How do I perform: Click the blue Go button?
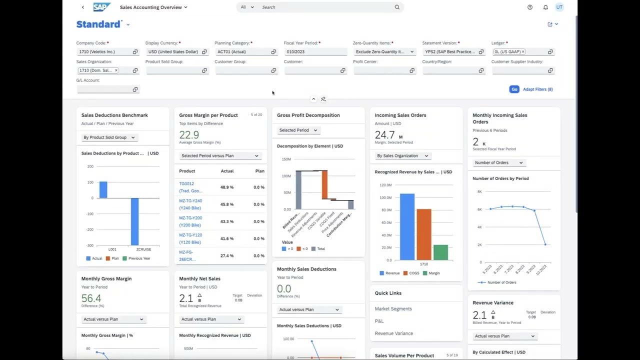pyautogui.click(x=514, y=89)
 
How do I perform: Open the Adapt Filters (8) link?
pyautogui.click(x=537, y=89)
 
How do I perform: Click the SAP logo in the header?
pyautogui.click(x=101, y=7)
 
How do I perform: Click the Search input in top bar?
pyautogui.click(x=325, y=7)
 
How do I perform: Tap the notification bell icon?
pyautogui.click(x=545, y=7)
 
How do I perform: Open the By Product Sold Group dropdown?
pyautogui.click(x=108, y=137)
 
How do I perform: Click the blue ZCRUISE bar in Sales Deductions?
pyautogui.click(x=134, y=221)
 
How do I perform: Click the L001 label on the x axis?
pyautogui.click(x=112, y=249)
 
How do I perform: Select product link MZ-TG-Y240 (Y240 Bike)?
pyautogui.click(x=190, y=204)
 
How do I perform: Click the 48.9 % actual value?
pyautogui.click(x=226, y=187)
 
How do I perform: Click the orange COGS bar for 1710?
pyautogui.click(x=423, y=234)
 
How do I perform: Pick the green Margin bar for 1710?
pyautogui.click(x=440, y=252)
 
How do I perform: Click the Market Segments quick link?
pyautogui.click(x=393, y=308)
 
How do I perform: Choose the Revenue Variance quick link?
pyautogui.click(x=393, y=333)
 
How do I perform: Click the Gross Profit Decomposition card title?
pyautogui.click(x=308, y=115)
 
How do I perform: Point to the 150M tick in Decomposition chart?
pyautogui.click(x=286, y=159)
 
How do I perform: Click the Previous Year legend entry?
pyautogui.click(x=139, y=258)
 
